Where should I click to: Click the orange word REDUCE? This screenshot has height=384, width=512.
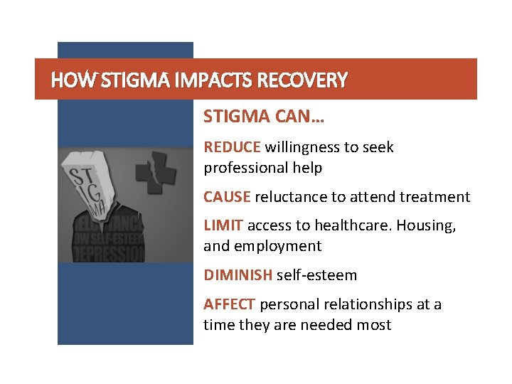coord(233,147)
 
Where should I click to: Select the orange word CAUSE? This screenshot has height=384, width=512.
coord(228,197)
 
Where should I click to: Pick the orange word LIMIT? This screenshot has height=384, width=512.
coord(223,225)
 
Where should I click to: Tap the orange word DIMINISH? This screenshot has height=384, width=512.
coord(238,275)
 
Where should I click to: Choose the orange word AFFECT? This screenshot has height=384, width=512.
coord(230,304)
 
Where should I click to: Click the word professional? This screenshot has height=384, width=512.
coord(245,169)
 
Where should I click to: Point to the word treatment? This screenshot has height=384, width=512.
coord(435,197)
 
